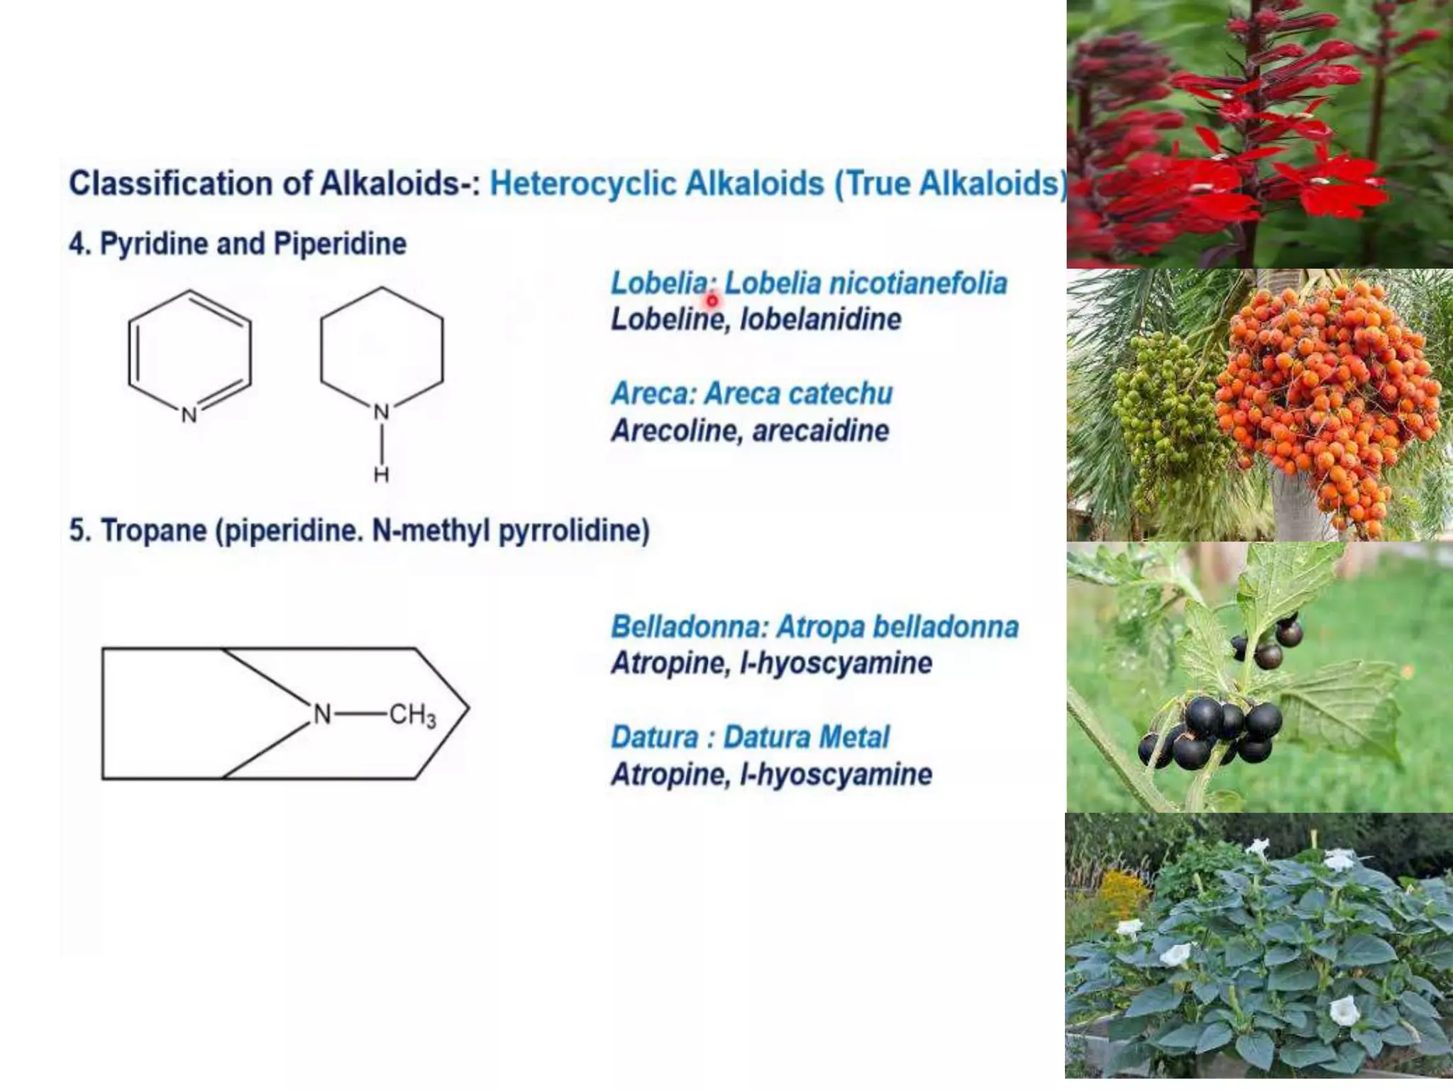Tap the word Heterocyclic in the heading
(x=582, y=184)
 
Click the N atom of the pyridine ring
(x=189, y=415)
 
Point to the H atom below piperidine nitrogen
(x=382, y=475)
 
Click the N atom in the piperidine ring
(x=382, y=412)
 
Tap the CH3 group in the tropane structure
(x=412, y=715)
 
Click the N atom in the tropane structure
(x=323, y=714)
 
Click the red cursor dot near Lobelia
(x=712, y=301)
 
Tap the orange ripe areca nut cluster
(x=1327, y=397)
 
